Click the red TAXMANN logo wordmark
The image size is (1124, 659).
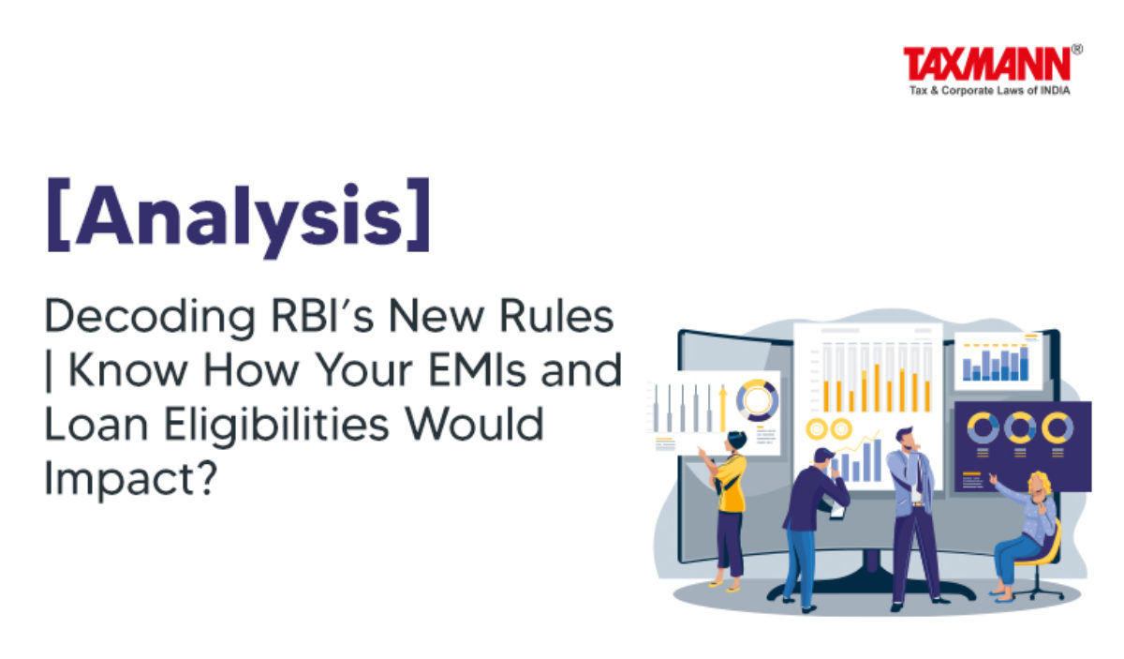tap(986, 65)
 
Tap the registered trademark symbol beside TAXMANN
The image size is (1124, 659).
tap(1077, 50)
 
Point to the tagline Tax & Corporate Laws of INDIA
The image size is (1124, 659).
tap(989, 90)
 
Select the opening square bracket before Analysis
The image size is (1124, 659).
tap(58, 215)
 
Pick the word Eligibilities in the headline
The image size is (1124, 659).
tap(276, 426)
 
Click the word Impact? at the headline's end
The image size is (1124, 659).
tap(130, 480)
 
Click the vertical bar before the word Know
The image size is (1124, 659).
tap(49, 371)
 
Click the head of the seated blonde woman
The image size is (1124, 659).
tap(1040, 484)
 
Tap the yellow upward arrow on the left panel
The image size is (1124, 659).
tap(722, 410)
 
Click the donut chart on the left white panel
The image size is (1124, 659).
tap(757, 400)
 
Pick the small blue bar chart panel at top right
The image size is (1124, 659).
tap(998, 361)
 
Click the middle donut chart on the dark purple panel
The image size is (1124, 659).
tap(1020, 427)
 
